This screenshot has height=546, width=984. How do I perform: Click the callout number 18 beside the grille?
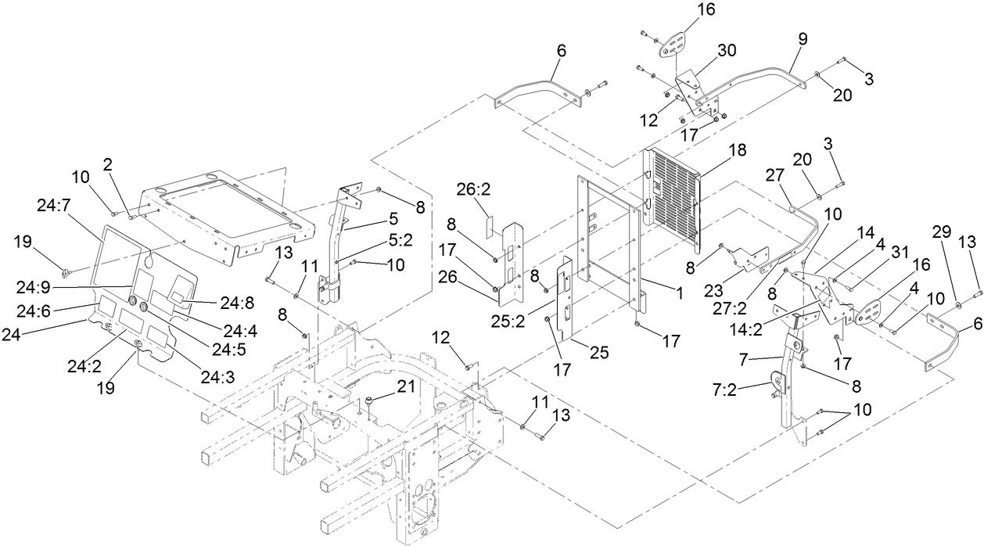click(x=738, y=150)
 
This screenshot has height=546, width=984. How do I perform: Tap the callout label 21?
click(x=405, y=386)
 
